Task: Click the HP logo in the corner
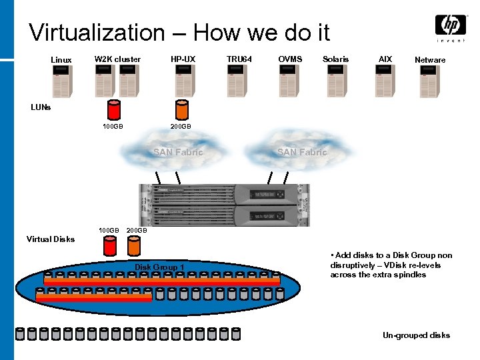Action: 451,27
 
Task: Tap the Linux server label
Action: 61,60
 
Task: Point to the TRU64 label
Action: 239,59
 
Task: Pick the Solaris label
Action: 335,59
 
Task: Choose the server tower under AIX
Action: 385,81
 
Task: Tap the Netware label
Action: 430,60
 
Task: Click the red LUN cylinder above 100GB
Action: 113,109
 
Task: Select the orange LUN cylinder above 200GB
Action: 181,109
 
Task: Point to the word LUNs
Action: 41,107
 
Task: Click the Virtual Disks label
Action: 51,239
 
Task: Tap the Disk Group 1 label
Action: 159,267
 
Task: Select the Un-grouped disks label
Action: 416,335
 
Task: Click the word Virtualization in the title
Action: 97,32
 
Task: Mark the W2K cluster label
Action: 117,59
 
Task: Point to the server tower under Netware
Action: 430,81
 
